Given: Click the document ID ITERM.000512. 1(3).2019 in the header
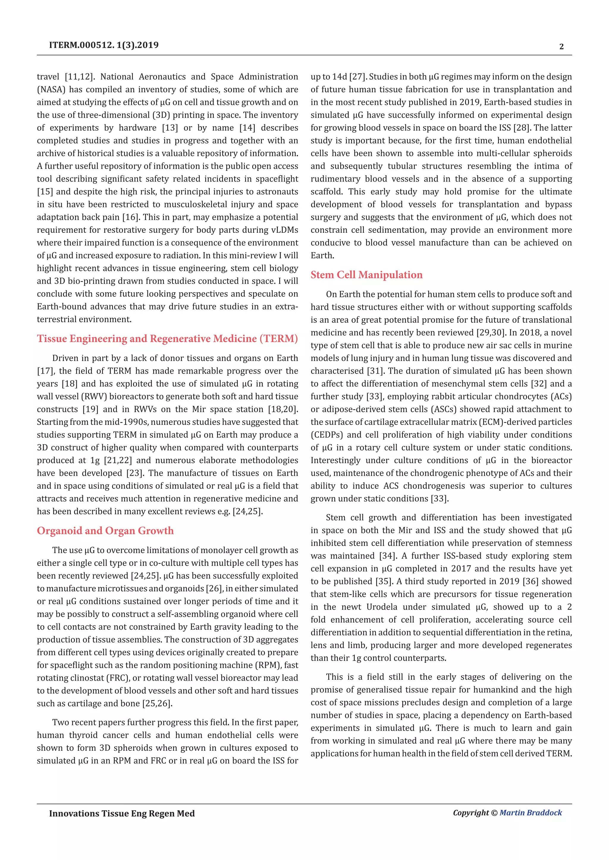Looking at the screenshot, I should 103,45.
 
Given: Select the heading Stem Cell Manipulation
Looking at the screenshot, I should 366,275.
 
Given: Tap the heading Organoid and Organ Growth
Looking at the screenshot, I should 105,531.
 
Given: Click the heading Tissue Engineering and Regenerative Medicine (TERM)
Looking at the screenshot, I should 167,339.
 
